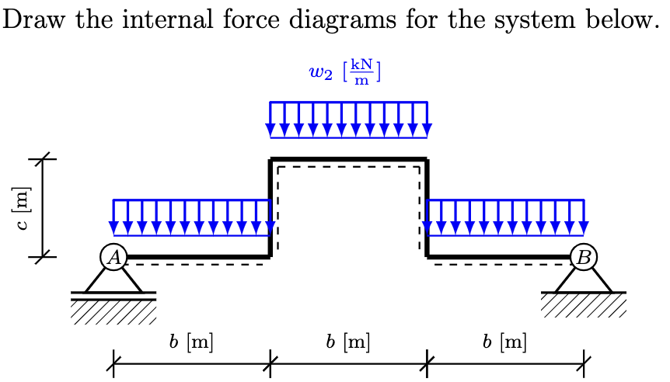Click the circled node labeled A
pos(113,257)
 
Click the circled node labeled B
pos(584,257)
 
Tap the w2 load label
pos(322,74)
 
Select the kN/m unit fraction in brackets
pos(361,74)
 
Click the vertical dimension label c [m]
pos(23,209)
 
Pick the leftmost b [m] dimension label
pos(191,341)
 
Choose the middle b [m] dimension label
pos(347,341)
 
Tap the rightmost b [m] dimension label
pos(504,341)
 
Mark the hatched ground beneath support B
pos(584,306)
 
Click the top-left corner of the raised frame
pos(271,160)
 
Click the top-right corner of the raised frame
pos(427,160)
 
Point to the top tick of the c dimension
pos(43,159)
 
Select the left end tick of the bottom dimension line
pos(113,362)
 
